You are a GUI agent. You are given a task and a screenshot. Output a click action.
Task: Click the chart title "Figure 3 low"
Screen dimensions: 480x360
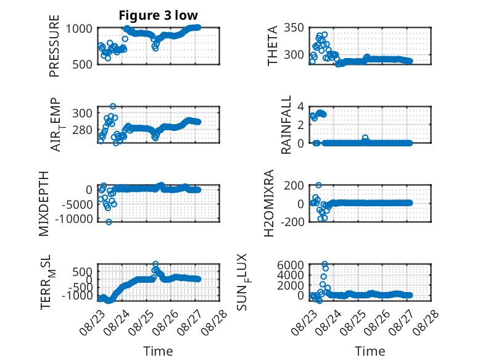coord(159,15)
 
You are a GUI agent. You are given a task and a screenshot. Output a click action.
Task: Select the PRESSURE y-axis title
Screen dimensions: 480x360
coord(54,46)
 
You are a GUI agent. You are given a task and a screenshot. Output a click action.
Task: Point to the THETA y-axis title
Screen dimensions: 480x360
coord(272,46)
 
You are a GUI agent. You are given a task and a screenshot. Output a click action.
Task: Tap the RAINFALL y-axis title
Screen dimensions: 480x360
coord(286,125)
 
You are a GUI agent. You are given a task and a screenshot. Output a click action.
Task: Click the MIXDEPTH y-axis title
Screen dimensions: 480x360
coord(44,204)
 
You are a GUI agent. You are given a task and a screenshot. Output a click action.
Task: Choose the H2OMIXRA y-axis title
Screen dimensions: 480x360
coord(269,203)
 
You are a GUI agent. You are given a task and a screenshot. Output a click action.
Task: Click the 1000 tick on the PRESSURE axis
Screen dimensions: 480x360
coord(79,28)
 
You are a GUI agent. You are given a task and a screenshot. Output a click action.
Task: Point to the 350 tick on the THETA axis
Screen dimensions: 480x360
coord(294,28)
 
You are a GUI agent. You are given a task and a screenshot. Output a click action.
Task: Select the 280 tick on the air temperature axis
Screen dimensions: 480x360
coord(82,130)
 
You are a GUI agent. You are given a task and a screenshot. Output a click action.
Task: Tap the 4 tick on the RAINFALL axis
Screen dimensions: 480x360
coord(300,107)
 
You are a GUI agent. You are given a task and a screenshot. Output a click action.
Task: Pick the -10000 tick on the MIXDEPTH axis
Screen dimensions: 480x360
coord(73,219)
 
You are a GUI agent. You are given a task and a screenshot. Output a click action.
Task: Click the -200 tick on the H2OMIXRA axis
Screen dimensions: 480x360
coord(292,221)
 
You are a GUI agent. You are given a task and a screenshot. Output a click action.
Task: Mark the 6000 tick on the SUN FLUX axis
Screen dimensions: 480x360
coord(291,265)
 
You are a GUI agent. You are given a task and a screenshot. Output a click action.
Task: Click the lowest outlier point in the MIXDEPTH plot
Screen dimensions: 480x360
coord(109,222)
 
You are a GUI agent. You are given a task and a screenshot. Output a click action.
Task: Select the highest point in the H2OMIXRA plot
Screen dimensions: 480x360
coord(318,185)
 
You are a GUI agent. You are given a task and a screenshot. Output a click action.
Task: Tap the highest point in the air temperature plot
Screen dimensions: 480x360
coord(113,106)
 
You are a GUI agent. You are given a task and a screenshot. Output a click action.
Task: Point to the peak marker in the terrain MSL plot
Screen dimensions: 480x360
coord(155,264)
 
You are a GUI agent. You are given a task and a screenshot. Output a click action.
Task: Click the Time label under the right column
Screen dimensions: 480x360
coord(370,351)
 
